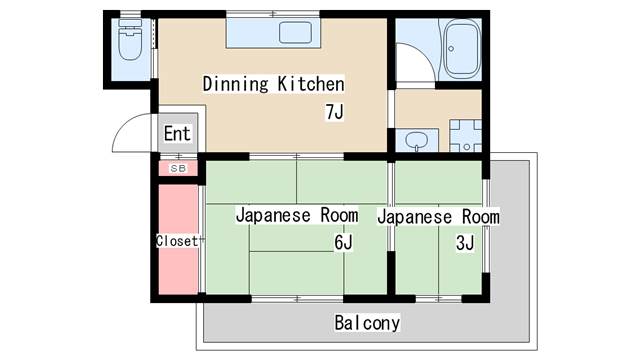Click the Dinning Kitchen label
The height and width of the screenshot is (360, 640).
tap(273, 84)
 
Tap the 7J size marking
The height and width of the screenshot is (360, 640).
tap(334, 111)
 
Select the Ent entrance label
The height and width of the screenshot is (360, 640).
tap(177, 134)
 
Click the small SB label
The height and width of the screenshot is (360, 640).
tap(177, 168)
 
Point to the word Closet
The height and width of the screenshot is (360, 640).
tap(176, 241)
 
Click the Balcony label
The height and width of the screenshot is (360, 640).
tap(367, 323)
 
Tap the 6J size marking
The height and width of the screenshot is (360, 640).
tap(343, 243)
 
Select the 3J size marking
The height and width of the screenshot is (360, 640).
tap(464, 243)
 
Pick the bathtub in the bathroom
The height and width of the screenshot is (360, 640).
tap(462, 50)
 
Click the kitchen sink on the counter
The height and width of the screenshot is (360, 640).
tap(297, 33)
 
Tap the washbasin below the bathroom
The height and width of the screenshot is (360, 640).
tap(419, 141)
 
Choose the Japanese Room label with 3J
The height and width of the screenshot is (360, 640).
tap(439, 216)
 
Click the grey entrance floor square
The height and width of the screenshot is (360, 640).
tap(178, 135)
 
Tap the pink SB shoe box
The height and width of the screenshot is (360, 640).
tap(177, 168)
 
